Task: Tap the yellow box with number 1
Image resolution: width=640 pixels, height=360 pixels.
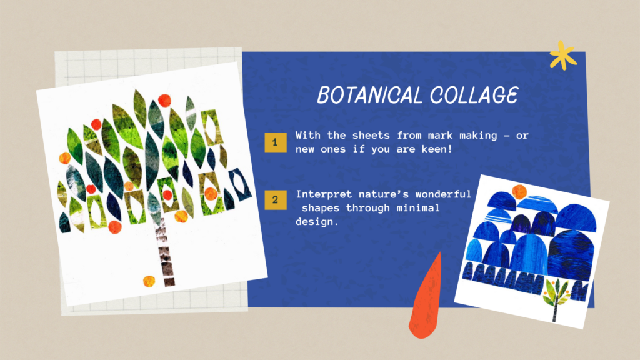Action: (x=275, y=142)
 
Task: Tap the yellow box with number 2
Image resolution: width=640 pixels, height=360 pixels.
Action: (x=276, y=200)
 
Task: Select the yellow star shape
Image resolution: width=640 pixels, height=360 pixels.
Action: (x=563, y=56)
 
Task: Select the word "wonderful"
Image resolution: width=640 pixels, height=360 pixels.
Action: (x=443, y=194)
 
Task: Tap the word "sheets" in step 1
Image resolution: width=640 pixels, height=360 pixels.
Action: (x=371, y=136)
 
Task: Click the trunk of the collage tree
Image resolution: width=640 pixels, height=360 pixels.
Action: (x=165, y=253)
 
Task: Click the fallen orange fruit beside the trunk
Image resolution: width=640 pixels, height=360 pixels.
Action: (x=149, y=281)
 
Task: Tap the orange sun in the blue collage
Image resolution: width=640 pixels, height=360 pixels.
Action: (x=519, y=191)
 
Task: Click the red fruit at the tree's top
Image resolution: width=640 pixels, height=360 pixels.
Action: (x=164, y=100)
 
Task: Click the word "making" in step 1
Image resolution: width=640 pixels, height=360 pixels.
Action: (x=478, y=136)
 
